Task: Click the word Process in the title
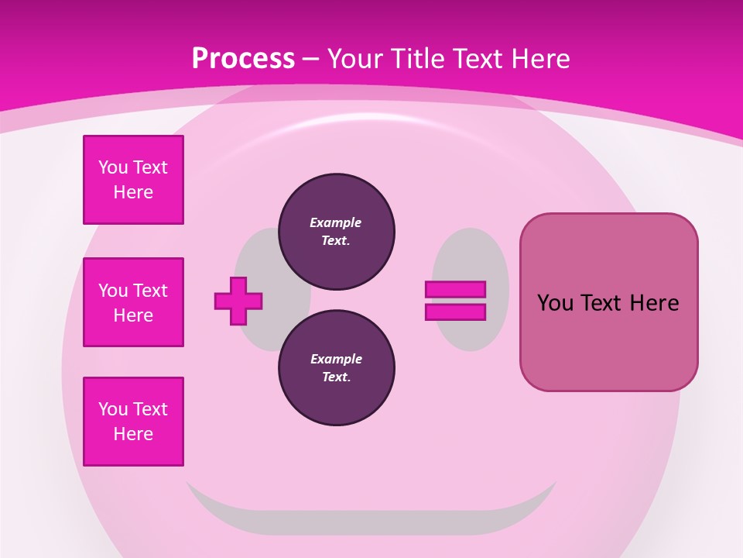243,58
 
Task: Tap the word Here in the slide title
539,58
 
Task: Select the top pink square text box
133,180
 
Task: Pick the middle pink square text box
133,302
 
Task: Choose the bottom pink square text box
133,422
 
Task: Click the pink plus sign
238,301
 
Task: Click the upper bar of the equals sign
455,289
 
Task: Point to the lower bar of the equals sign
455,312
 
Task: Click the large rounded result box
608,341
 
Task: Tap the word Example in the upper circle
335,222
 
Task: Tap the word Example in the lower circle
336,359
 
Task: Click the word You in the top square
113,167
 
